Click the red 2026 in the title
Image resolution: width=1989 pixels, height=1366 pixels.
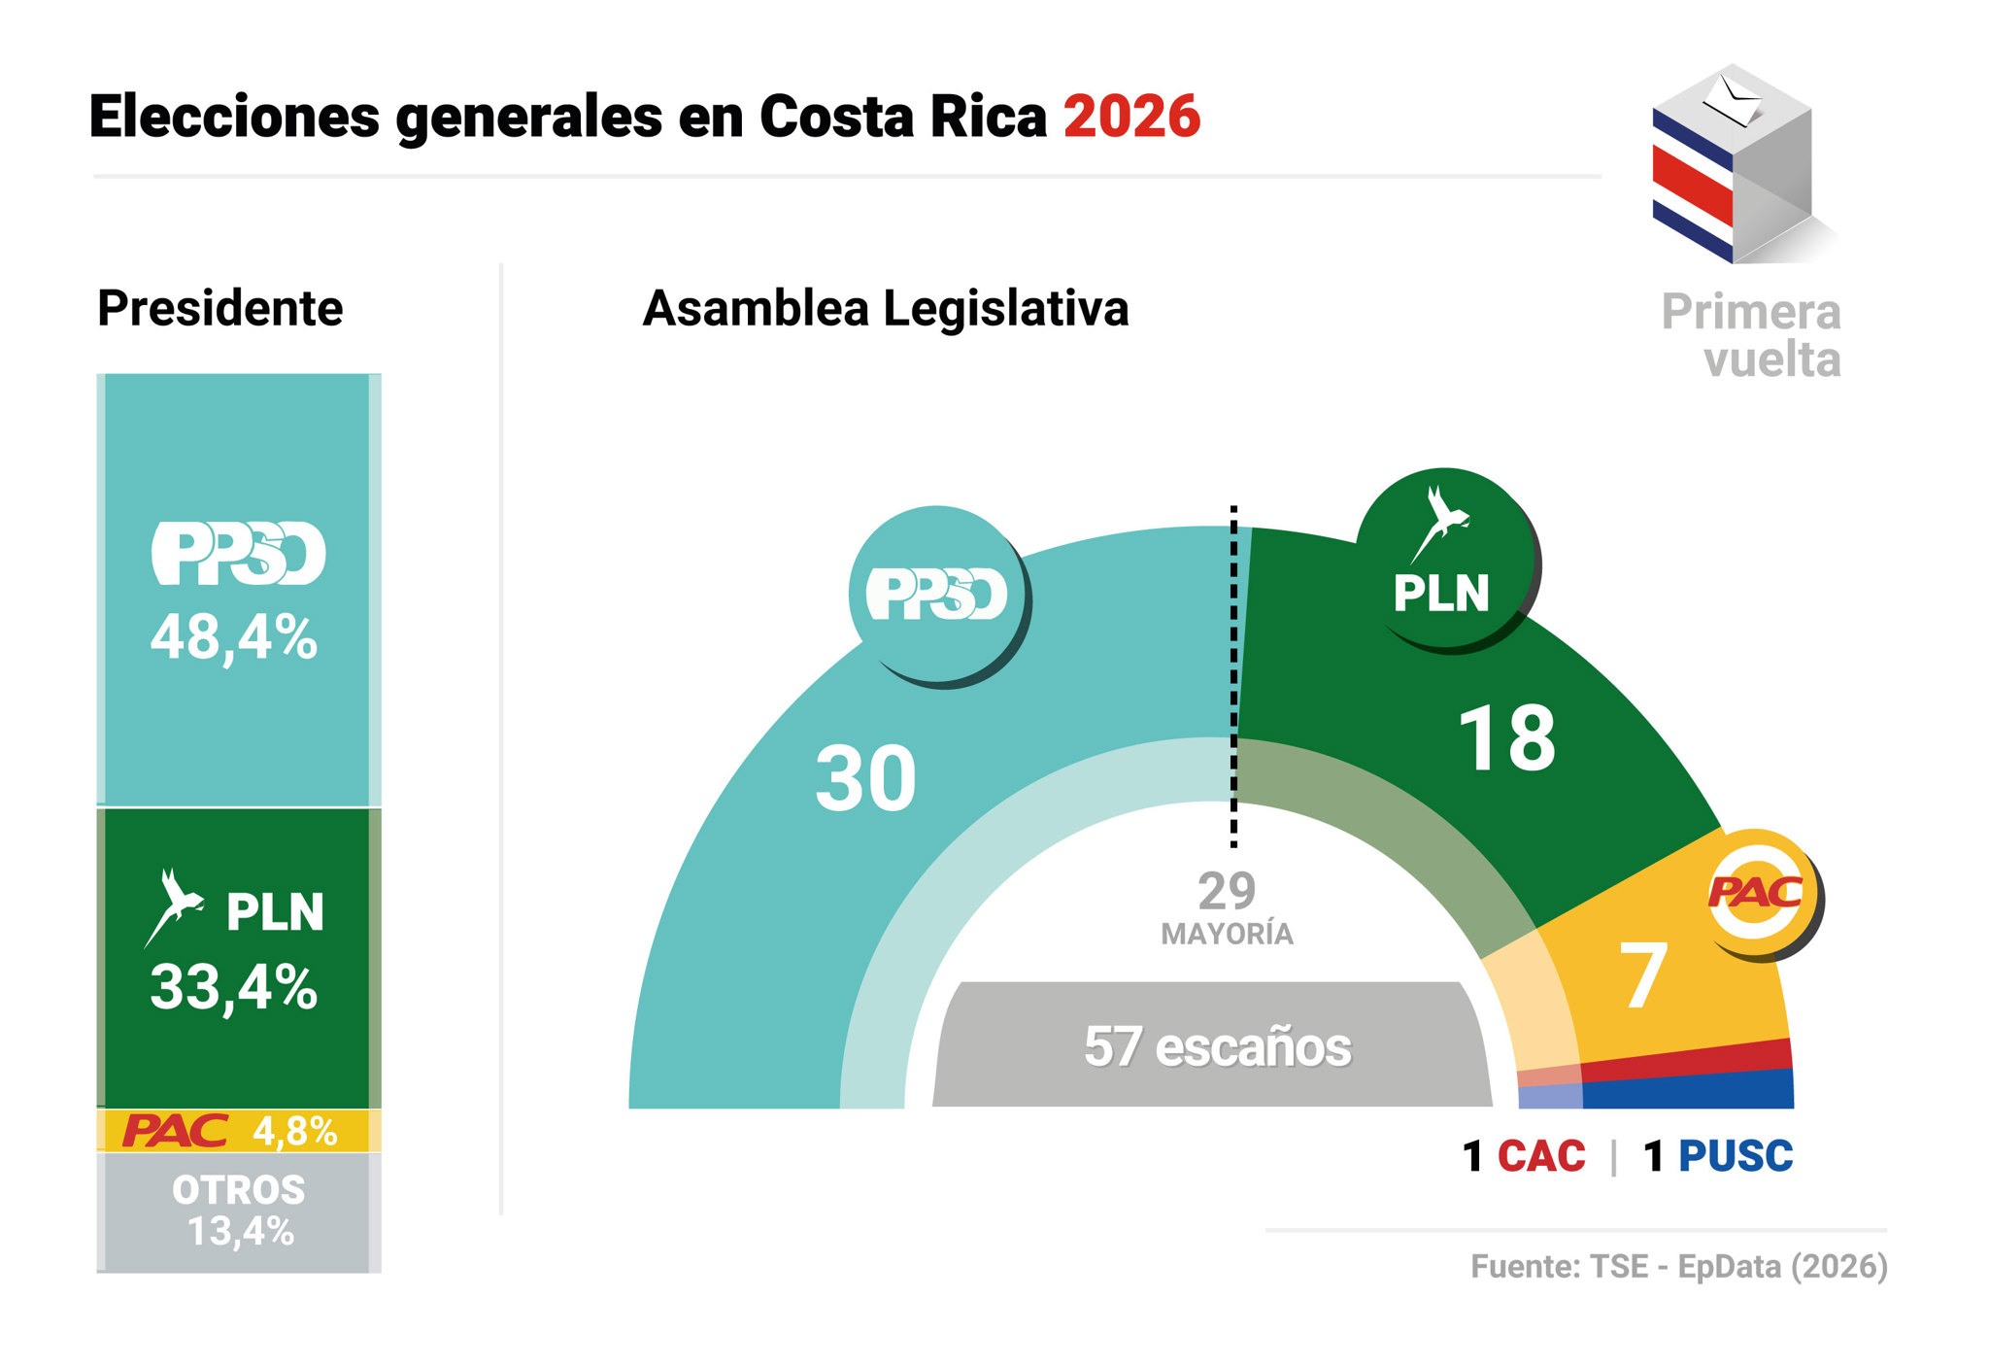pyautogui.click(x=1131, y=118)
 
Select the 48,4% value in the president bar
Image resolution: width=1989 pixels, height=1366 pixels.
pyautogui.click(x=234, y=638)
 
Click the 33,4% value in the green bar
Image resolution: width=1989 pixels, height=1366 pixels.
pyautogui.click(x=234, y=987)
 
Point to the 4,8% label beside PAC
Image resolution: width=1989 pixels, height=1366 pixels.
pyautogui.click(x=294, y=1131)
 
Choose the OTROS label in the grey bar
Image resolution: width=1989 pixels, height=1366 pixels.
pyautogui.click(x=239, y=1190)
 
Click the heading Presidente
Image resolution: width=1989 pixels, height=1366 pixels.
pyautogui.click(x=220, y=309)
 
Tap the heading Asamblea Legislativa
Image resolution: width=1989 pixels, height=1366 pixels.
pyautogui.click(x=886, y=309)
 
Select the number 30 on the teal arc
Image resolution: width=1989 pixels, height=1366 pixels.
pyautogui.click(x=865, y=778)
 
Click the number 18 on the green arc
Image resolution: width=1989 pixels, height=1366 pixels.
pyautogui.click(x=1506, y=738)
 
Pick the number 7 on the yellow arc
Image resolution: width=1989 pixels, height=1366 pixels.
pyautogui.click(x=1643, y=975)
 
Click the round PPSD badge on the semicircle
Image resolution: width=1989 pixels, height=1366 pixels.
pyautogui.click(x=937, y=594)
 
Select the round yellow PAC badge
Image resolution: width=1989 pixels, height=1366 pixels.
pyautogui.click(x=1759, y=891)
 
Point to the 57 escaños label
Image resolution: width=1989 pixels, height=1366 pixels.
pyautogui.click(x=1217, y=1047)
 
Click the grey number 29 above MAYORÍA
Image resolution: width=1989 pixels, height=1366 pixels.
pyautogui.click(x=1227, y=890)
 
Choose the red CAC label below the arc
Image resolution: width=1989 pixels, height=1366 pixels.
pyautogui.click(x=1541, y=1156)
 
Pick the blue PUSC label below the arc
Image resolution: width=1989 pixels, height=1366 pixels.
pyautogui.click(x=1736, y=1156)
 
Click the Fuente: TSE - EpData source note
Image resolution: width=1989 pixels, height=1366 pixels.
pyautogui.click(x=1678, y=1267)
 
